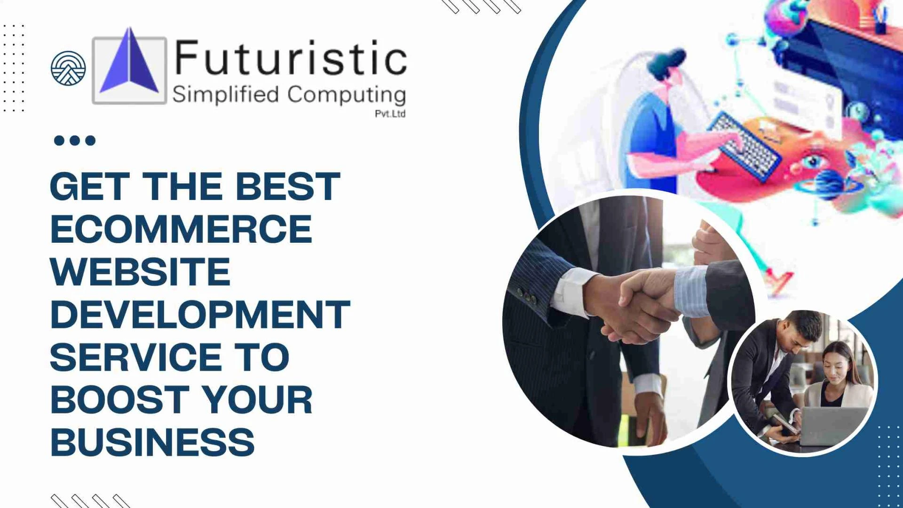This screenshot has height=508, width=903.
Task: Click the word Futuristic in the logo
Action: [x=290, y=58]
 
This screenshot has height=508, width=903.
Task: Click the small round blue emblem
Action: [x=68, y=68]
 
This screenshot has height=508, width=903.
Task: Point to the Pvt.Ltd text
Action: [x=390, y=114]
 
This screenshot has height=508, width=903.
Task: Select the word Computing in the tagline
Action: [x=346, y=95]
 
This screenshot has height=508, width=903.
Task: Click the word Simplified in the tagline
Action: [x=226, y=95]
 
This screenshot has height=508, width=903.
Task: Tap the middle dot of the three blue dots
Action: [x=75, y=140]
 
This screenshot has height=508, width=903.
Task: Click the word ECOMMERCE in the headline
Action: [x=181, y=229]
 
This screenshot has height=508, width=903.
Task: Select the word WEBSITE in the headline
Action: [x=140, y=272]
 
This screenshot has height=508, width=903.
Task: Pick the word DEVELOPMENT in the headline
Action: [x=200, y=314]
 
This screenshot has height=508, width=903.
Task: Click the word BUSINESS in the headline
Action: [x=152, y=442]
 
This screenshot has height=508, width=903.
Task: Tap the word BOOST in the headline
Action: [x=119, y=400]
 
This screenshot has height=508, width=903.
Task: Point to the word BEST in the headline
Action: [x=287, y=186]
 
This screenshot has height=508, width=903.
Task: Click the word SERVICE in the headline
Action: [x=135, y=357]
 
